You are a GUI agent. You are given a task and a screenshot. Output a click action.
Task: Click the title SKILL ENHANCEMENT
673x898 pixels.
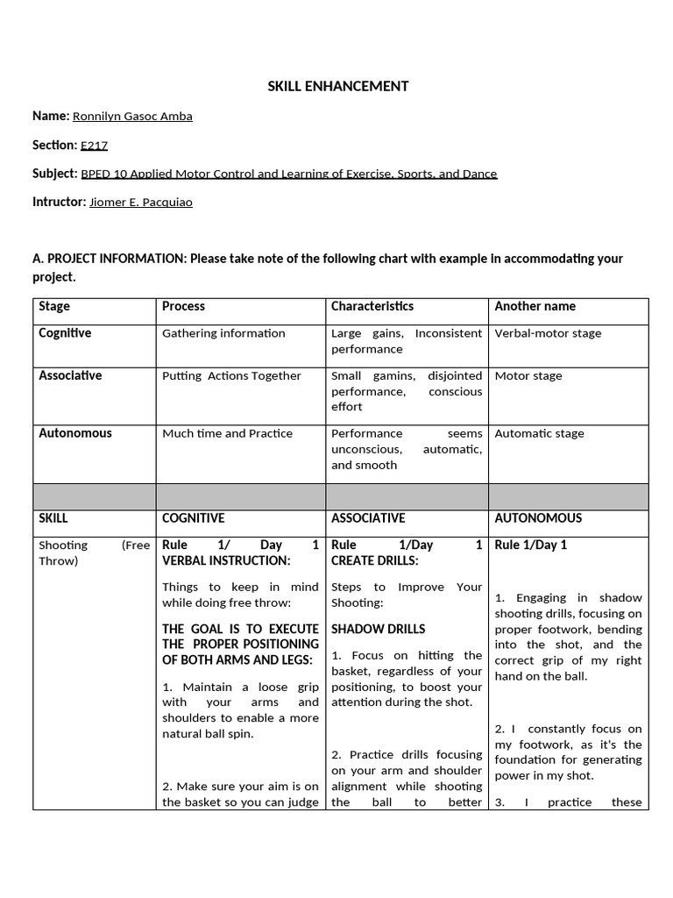[337, 86]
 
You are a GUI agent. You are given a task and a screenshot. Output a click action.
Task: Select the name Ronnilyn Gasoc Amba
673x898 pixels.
[132, 117]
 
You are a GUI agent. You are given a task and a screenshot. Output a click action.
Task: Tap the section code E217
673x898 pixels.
[94, 146]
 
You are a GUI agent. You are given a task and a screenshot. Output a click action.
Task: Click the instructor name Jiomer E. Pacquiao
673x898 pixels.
[141, 203]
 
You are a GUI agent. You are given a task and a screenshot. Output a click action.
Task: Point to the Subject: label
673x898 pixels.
[54, 174]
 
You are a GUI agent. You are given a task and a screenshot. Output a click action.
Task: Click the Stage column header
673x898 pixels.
[54, 306]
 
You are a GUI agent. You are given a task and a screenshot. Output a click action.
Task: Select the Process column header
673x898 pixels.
[183, 306]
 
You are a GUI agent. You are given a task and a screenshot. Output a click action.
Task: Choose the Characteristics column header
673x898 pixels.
[372, 306]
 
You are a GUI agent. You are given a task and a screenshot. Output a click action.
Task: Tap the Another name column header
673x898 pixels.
[535, 306]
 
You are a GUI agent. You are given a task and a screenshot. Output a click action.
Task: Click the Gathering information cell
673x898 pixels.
[223, 333]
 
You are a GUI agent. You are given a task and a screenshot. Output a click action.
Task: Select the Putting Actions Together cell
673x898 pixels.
[231, 375]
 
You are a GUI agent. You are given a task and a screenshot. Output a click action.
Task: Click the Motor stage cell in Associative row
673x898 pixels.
[528, 375]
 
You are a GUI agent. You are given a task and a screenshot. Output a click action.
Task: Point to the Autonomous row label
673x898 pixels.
[75, 433]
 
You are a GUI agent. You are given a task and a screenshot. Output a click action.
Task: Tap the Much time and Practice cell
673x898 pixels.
[227, 433]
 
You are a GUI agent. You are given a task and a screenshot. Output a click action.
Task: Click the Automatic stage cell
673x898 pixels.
[539, 433]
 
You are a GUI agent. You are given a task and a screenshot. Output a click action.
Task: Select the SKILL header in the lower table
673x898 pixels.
[53, 518]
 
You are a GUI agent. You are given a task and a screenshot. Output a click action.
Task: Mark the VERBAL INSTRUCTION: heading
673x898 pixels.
[226, 560]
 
